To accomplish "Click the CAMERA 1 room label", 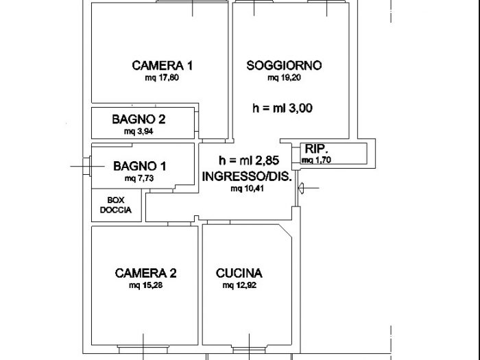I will [x=162, y=66].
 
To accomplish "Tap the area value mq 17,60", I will [x=162, y=78].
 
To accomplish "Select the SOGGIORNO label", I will [x=284, y=66].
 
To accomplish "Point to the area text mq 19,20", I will [x=285, y=78].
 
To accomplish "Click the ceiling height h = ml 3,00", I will [x=283, y=108].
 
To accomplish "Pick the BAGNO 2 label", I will [x=139, y=119].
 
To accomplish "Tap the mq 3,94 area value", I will [x=139, y=131].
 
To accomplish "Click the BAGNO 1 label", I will [x=139, y=166].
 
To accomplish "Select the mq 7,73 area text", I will [x=139, y=178].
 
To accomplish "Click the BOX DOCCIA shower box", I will [x=116, y=206].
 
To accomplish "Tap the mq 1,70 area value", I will [x=316, y=160].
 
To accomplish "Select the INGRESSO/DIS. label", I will [x=247, y=176].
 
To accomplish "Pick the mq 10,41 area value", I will [x=246, y=188].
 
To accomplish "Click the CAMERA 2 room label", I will [x=146, y=273].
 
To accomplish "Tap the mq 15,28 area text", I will [x=146, y=285].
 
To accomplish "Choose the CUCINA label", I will [x=239, y=273].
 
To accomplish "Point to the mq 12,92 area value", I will [x=239, y=285].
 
